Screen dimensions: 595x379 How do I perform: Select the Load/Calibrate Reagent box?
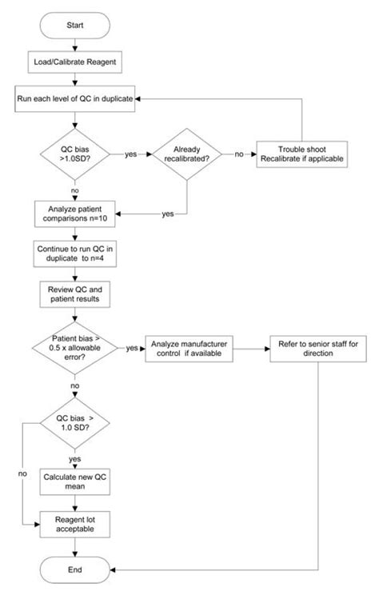74,61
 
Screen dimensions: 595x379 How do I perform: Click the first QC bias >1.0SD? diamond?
74,154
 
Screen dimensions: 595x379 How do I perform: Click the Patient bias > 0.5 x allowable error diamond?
74,349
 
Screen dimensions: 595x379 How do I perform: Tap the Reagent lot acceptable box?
74,524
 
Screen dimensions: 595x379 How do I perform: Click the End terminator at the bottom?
74,570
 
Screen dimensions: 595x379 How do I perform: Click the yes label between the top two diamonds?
130,154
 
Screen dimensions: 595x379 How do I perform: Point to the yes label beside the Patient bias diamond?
132,349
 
